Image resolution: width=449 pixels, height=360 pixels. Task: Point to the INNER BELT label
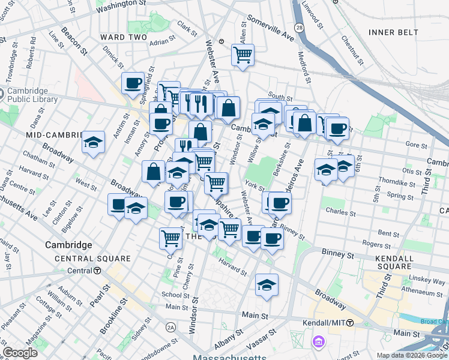pyautogui.click(x=393, y=32)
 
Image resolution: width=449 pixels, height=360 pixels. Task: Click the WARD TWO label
pyautogui.click(x=124, y=37)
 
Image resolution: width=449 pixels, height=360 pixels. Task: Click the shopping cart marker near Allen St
pyautogui.click(x=243, y=55)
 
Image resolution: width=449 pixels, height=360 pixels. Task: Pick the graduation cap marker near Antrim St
pyautogui.click(x=94, y=142)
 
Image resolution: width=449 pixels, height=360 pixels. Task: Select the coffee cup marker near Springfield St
pyautogui.click(x=133, y=83)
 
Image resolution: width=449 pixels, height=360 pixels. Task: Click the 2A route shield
pyautogui.click(x=171, y=327)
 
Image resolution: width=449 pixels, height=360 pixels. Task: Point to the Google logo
pyautogui.click(x=20, y=353)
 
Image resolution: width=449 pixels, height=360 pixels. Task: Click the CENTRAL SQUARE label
pyautogui.click(x=93, y=259)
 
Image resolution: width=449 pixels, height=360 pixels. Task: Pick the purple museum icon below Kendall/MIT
pyautogui.click(x=318, y=343)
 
